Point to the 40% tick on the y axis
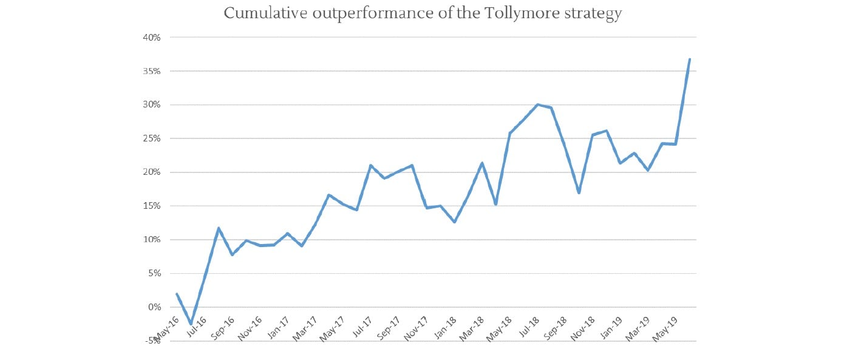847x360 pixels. pos(152,38)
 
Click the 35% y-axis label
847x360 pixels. pos(152,71)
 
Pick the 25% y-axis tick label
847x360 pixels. pos(152,138)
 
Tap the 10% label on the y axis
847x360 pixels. pos(152,240)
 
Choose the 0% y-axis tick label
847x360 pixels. pos(154,307)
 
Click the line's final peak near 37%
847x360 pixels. pos(690,59)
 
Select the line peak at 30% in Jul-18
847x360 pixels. pos(537,104)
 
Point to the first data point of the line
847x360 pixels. pos(177,294)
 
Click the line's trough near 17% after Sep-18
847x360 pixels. pos(579,192)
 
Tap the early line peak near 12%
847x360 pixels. pos(219,228)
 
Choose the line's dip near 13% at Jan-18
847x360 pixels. pos(454,222)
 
